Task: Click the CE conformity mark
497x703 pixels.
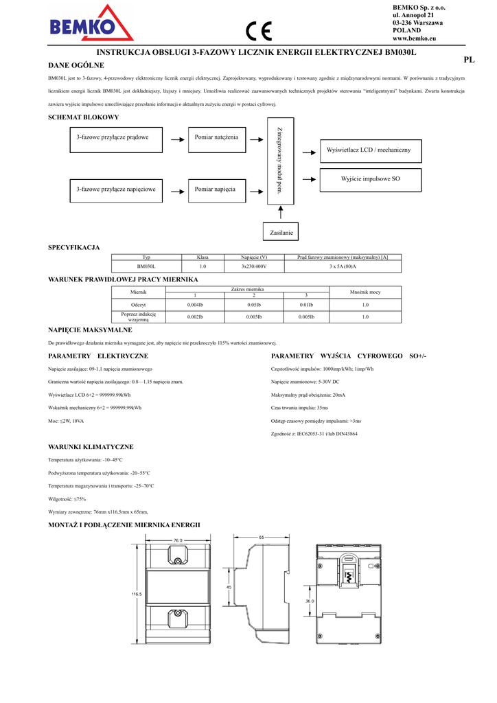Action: click(x=259, y=32)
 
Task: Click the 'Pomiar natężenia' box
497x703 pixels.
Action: click(x=216, y=137)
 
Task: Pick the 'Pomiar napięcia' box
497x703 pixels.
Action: click(x=216, y=189)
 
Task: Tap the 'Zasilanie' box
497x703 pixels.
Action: click(x=281, y=233)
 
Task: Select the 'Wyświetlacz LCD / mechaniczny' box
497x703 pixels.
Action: click(x=369, y=150)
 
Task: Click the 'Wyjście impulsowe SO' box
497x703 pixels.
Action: click(x=370, y=179)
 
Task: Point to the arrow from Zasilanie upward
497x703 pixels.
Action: click(x=281, y=214)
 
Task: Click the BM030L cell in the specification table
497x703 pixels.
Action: click(x=146, y=266)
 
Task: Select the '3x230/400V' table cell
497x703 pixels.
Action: click(x=253, y=266)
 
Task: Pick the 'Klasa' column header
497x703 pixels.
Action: click(x=203, y=257)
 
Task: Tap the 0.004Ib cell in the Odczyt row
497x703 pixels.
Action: click(x=195, y=304)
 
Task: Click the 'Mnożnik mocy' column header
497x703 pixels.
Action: click(x=365, y=292)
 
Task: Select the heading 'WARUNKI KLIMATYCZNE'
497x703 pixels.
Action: click(x=90, y=446)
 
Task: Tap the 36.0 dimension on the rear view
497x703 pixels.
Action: click(x=310, y=601)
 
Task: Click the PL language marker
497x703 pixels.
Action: click(x=469, y=60)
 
